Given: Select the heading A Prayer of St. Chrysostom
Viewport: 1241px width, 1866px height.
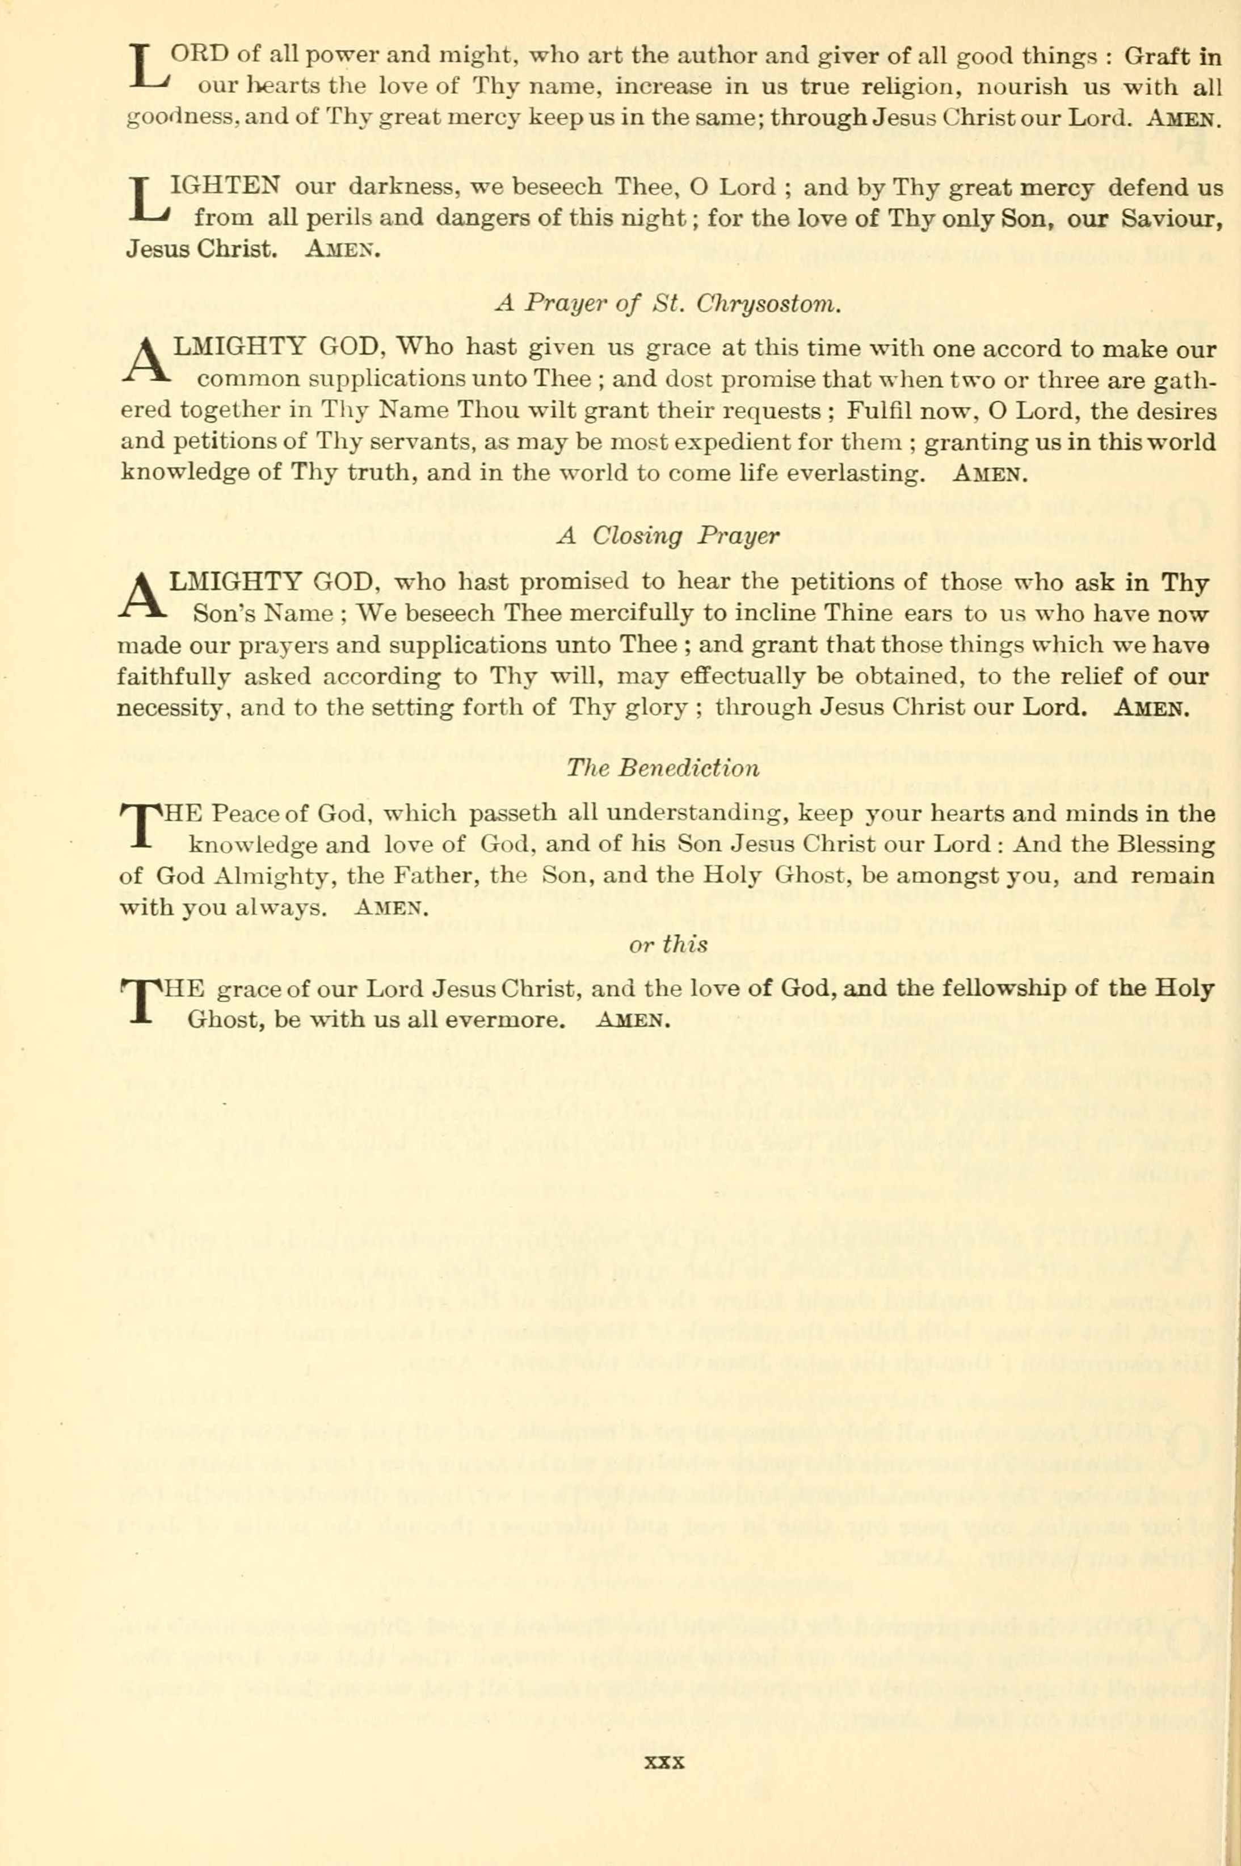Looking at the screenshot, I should (x=668, y=303).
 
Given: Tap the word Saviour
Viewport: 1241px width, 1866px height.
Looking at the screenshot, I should (x=1173, y=218).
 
